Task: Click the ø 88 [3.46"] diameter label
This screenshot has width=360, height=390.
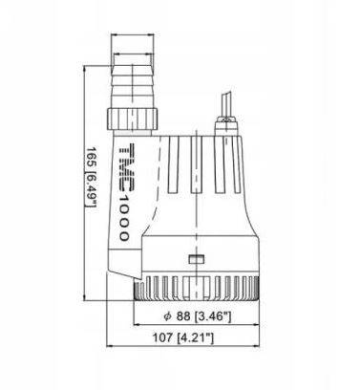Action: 197,316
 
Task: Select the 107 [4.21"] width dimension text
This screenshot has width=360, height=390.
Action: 183,337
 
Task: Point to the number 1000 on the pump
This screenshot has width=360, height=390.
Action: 124,218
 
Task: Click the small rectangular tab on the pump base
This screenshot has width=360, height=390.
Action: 197,259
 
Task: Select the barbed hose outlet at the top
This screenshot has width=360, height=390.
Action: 133,87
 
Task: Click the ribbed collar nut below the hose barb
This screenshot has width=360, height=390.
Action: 132,119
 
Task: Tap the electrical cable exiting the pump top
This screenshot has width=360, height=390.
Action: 226,104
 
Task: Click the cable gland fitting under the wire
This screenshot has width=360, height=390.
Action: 226,126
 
